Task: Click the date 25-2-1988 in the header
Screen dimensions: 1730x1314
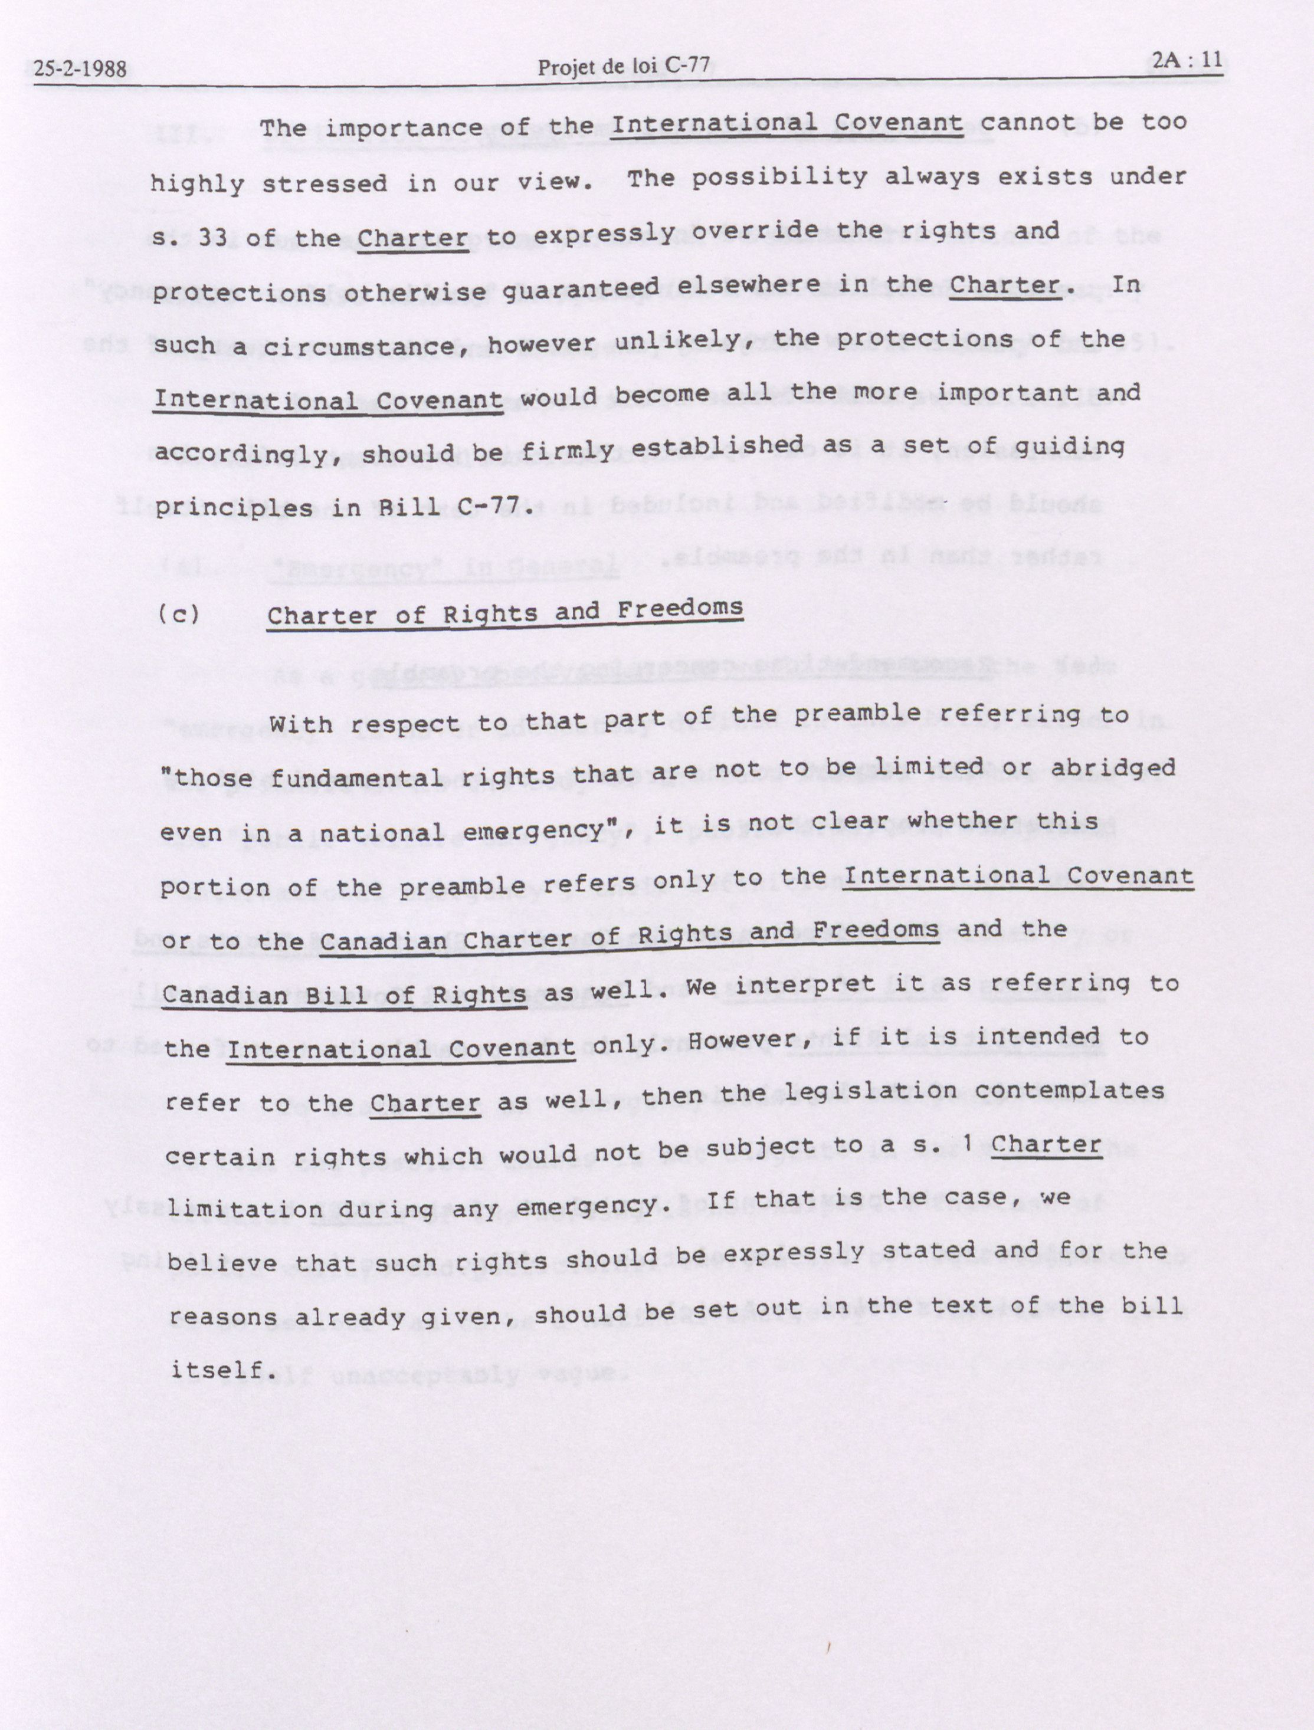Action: click(x=80, y=69)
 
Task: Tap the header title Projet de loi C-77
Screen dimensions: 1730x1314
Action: click(x=623, y=67)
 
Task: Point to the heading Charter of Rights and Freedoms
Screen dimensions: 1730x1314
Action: click(x=504, y=612)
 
